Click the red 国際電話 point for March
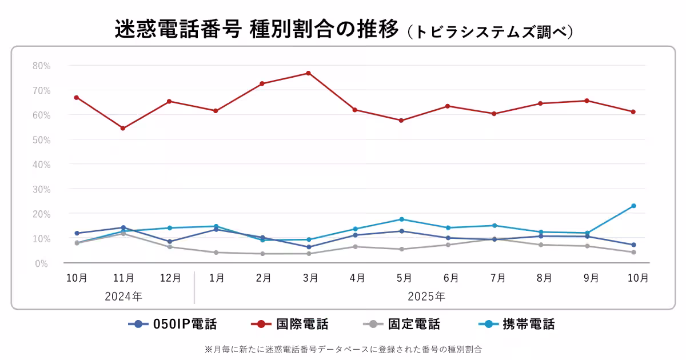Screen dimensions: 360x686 pyautogui.click(x=308, y=73)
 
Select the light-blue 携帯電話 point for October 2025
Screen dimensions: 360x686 pyautogui.click(x=633, y=206)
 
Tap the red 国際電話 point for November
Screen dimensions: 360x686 pyautogui.click(x=123, y=128)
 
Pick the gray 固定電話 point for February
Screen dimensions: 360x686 pyautogui.click(x=262, y=254)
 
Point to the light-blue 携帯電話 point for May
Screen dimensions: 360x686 pyautogui.click(x=401, y=219)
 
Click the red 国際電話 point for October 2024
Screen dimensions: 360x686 pyautogui.click(x=77, y=98)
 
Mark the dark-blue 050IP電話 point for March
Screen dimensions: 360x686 pyautogui.click(x=309, y=247)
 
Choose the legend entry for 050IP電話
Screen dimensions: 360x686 pyautogui.click(x=173, y=325)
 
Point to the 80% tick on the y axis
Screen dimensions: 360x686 pyautogui.click(x=42, y=66)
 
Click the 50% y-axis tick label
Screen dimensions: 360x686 pyautogui.click(x=42, y=139)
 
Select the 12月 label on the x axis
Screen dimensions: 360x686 pyautogui.click(x=170, y=278)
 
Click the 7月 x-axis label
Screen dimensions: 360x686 pyautogui.click(x=497, y=278)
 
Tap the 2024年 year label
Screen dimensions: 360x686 pyautogui.click(x=123, y=297)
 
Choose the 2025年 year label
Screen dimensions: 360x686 pyautogui.click(x=426, y=297)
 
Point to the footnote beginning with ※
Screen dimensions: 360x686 pyautogui.click(x=343, y=349)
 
